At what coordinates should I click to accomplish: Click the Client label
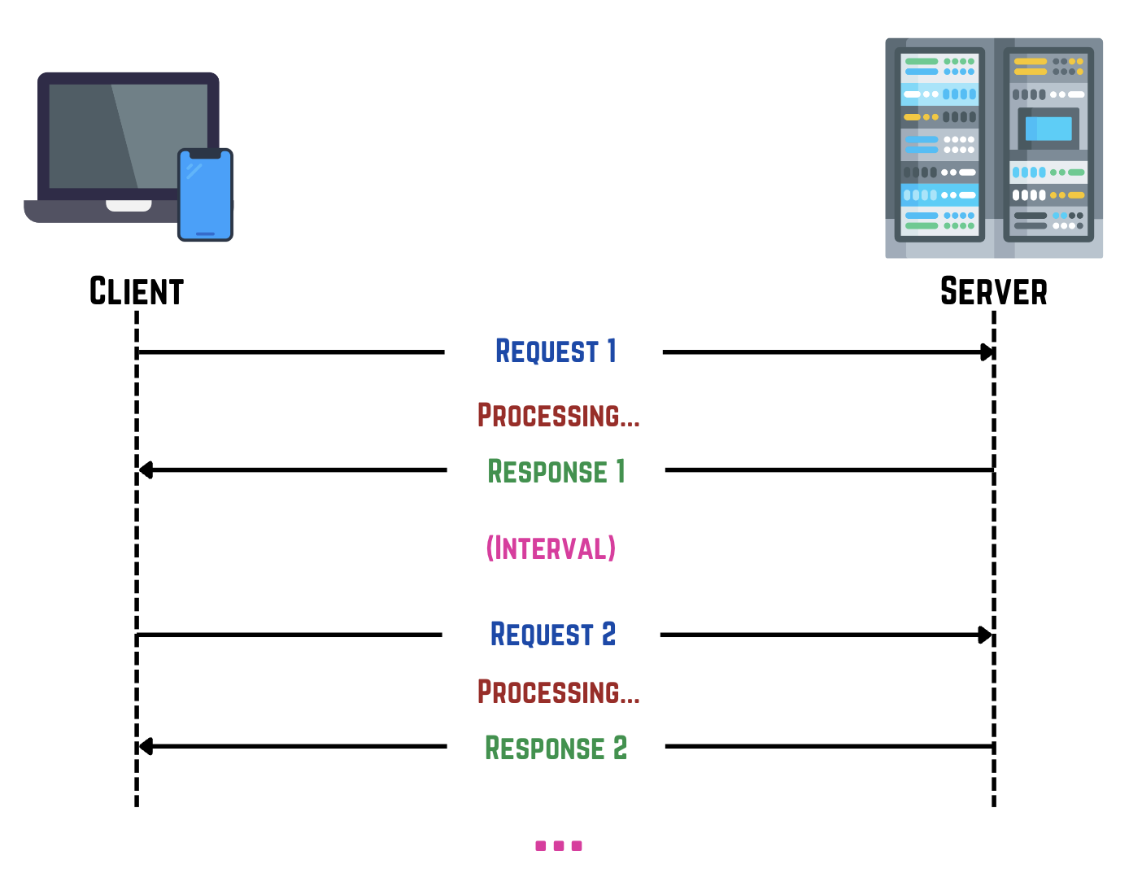click(137, 291)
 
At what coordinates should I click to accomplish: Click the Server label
click(993, 291)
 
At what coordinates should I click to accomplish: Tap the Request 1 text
click(556, 351)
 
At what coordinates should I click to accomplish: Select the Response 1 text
click(556, 471)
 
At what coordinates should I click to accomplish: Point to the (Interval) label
click(551, 548)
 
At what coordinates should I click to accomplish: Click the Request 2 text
click(553, 634)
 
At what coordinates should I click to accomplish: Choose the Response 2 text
click(556, 748)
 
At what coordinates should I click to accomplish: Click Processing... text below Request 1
click(558, 415)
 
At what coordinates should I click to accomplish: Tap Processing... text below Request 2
click(558, 692)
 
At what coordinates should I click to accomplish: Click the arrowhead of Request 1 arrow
click(987, 352)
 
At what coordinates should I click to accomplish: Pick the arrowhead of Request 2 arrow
click(985, 635)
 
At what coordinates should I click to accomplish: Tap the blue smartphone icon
click(205, 195)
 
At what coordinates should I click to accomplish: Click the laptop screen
click(114, 134)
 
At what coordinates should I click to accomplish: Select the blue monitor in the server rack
click(1048, 129)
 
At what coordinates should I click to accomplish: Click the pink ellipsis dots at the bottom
click(559, 846)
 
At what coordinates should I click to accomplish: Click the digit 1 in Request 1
click(612, 351)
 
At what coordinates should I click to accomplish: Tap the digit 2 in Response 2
click(620, 747)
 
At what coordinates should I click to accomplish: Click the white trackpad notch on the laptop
click(129, 206)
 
